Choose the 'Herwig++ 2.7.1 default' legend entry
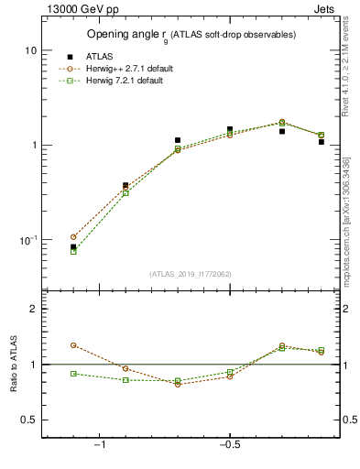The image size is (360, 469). point(123,69)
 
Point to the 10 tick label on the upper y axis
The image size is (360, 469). point(31,50)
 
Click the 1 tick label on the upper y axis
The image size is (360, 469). point(34,146)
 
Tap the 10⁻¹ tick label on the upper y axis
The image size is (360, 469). point(27,240)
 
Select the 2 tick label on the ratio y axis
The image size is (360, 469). point(33,309)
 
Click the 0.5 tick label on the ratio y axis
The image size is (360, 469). point(29,420)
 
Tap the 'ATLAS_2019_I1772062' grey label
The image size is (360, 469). point(191,274)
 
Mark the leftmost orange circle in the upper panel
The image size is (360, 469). point(73,237)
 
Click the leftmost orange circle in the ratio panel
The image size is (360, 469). point(73,345)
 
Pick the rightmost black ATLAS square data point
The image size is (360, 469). point(322,142)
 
